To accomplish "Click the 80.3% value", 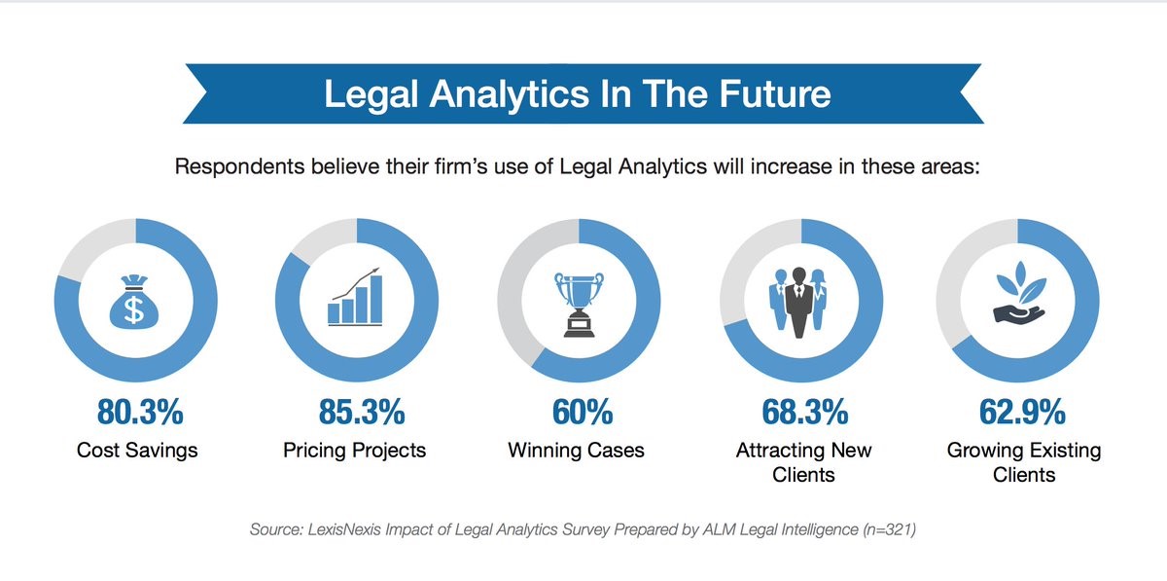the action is pyautogui.click(x=140, y=412).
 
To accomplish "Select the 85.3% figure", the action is pyautogui.click(x=362, y=412).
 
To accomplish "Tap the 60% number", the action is pyautogui.click(x=583, y=412).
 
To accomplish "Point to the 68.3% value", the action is pyautogui.click(x=805, y=412).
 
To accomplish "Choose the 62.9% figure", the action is pyautogui.click(x=1022, y=412).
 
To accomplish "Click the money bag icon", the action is pyautogui.click(x=134, y=302).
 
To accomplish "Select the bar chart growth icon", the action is pyautogui.click(x=355, y=297).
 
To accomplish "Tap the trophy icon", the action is pyautogui.click(x=580, y=305).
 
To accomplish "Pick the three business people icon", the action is pyautogui.click(x=798, y=303).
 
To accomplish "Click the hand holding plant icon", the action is pyautogui.click(x=1019, y=294).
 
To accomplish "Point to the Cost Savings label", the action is pyautogui.click(x=137, y=450).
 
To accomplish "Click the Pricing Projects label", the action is pyautogui.click(x=355, y=451).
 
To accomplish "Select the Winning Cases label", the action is pyautogui.click(x=576, y=451).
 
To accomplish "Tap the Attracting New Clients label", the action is pyautogui.click(x=803, y=462).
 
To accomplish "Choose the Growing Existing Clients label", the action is pyautogui.click(x=1024, y=462).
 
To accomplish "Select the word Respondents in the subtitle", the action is pyautogui.click(x=239, y=167).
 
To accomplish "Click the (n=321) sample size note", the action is pyautogui.click(x=889, y=529).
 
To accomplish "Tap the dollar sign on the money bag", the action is pyautogui.click(x=134, y=309).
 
